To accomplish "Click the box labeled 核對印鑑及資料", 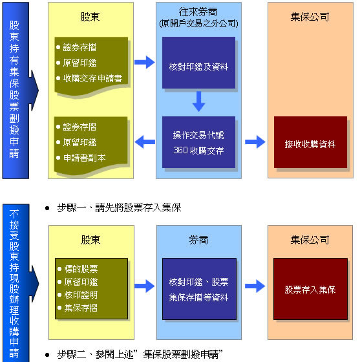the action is point(198,63).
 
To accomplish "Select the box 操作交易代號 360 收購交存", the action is point(198,142).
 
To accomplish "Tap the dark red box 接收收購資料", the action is point(310,142).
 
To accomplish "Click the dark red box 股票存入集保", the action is point(310,289).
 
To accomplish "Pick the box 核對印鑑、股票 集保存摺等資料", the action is point(199,289).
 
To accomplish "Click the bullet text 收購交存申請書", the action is point(92,78).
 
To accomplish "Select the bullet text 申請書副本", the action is point(84,158).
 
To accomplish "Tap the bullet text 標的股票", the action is point(81,269).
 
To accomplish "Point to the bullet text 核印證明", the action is point(81,295).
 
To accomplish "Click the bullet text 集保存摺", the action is point(81,308).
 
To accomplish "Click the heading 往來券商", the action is point(198,12).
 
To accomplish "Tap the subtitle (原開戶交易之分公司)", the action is point(198,23).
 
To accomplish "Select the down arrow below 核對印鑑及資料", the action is point(198,101).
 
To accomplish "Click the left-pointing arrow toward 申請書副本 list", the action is point(145,142).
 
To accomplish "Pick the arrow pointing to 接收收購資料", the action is point(255,142).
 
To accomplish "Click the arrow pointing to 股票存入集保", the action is point(255,286).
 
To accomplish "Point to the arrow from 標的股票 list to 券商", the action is point(145,286).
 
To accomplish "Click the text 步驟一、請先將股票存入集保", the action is point(119,208).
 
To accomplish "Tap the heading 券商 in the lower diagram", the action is point(198,240).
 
